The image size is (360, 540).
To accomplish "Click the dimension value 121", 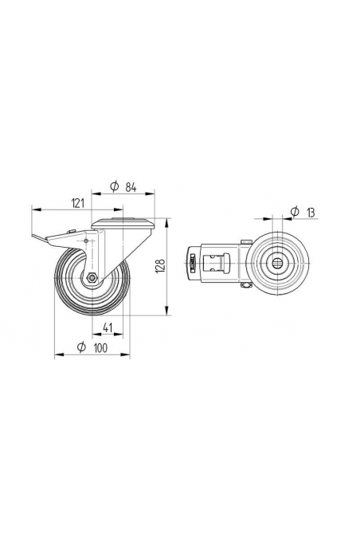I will click(77, 204).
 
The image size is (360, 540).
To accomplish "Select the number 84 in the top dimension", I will click(132, 186).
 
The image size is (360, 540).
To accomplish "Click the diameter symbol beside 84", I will click(115, 186).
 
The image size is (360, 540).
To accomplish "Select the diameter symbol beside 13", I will click(294, 211).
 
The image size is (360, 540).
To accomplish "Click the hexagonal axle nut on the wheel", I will click(92, 278).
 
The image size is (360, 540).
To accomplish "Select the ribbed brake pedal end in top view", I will click(191, 264).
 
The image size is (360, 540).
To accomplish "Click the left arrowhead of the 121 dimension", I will click(33, 210).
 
